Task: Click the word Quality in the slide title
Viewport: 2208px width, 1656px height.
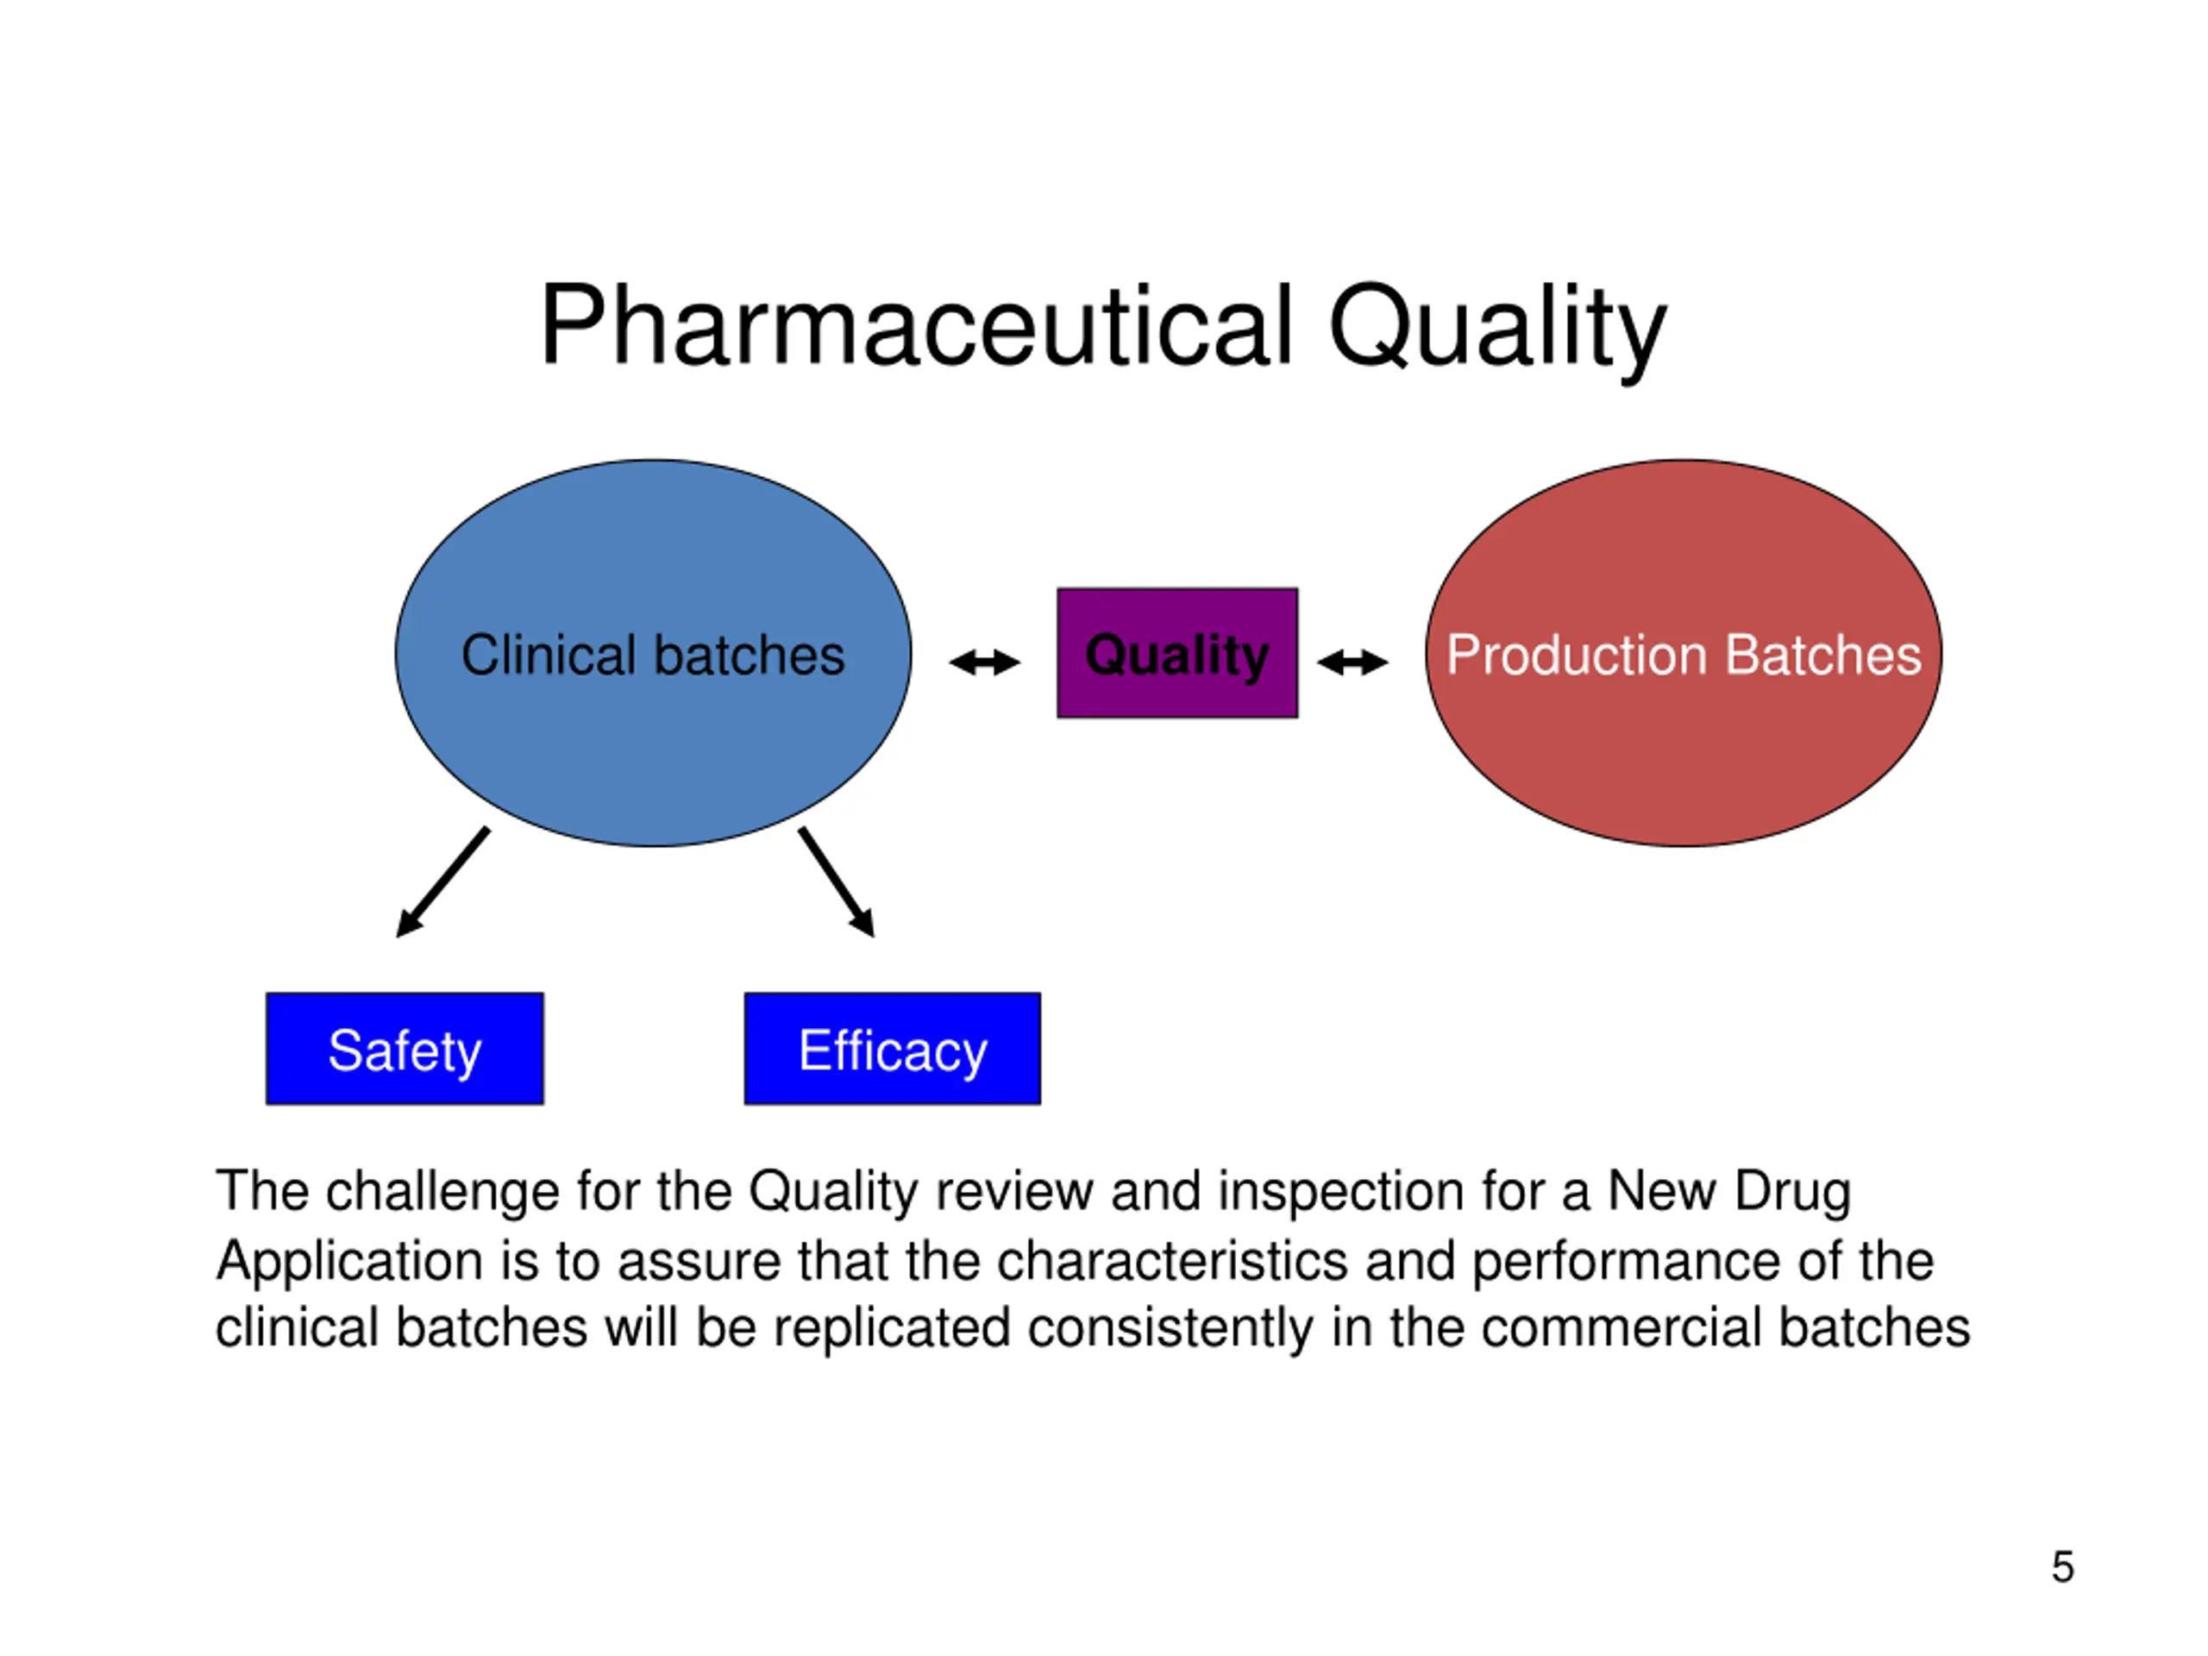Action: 1497,331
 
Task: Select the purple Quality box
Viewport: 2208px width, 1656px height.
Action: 1178,653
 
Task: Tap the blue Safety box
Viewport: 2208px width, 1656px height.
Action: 405,1048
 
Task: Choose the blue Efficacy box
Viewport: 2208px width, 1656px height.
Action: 893,1048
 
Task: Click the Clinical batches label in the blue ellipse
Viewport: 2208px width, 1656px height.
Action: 653,655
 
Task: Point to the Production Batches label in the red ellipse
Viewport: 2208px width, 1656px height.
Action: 1684,655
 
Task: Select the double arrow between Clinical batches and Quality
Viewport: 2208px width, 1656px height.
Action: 984,662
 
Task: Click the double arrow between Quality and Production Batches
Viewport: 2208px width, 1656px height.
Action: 1352,662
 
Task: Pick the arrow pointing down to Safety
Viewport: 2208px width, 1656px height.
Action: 443,882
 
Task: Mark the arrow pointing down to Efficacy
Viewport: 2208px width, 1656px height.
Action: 837,882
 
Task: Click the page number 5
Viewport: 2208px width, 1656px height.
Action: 2062,1566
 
